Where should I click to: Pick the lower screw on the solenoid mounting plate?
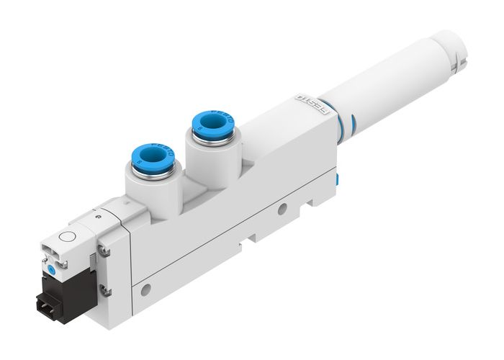(106, 290)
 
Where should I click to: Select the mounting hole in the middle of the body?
(282, 209)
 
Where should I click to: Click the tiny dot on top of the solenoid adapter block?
(96, 214)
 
